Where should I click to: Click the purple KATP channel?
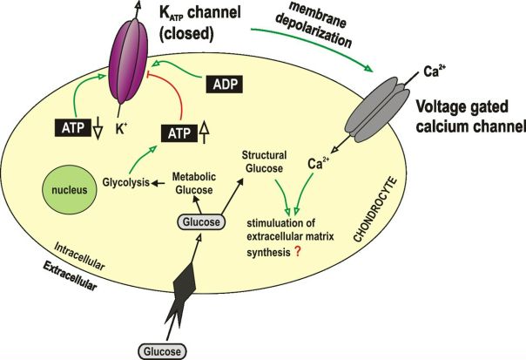[129, 61]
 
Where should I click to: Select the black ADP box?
[224, 85]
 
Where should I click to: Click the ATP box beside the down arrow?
[73, 127]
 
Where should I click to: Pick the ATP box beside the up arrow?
[179, 133]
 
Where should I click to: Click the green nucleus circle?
[70, 190]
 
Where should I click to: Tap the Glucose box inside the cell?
[201, 222]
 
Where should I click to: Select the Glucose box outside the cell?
[162, 351]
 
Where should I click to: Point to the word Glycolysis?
[125, 182]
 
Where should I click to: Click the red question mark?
[297, 252]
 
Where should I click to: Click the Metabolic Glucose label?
[194, 183]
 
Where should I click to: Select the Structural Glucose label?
[265, 161]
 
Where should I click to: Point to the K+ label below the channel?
[121, 129]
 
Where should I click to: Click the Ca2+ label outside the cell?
[435, 71]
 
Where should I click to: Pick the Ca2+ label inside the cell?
[319, 163]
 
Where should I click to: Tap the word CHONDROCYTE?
[375, 210]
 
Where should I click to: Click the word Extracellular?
[71, 276]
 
